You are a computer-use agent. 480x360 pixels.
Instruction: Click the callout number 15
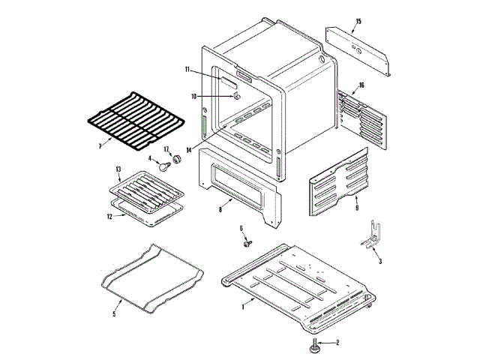coord(358,21)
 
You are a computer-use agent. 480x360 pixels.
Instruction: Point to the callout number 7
coord(100,145)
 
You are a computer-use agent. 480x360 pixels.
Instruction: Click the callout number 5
coord(114,313)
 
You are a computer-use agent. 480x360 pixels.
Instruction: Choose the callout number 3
coord(379,261)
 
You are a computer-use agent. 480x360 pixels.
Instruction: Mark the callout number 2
coord(337,343)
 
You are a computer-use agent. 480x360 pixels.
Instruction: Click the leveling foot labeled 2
coord(314,346)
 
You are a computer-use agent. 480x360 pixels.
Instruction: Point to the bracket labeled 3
coord(370,235)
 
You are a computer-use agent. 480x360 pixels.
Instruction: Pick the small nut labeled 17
coord(178,160)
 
